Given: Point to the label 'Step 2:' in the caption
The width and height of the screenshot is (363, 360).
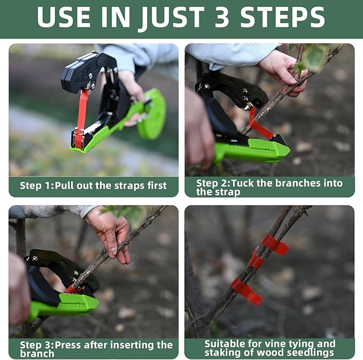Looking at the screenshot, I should pyautogui.click(x=213, y=183).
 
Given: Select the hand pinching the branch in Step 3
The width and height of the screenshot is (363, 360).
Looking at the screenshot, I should pyautogui.click(x=111, y=233).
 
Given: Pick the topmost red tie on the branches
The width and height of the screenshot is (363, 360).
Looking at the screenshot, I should pyautogui.click(x=275, y=244).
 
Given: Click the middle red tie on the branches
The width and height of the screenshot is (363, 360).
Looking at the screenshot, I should pyautogui.click(x=256, y=261).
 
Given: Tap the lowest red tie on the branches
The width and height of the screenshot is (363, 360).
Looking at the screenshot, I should pyautogui.click(x=246, y=291).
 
